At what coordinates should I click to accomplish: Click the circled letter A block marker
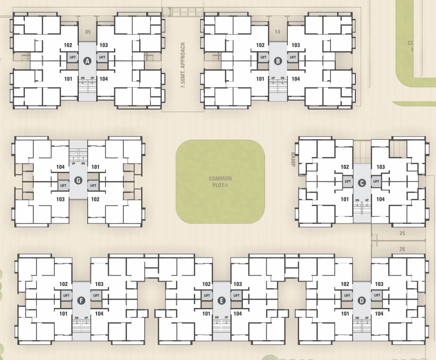point(86,60)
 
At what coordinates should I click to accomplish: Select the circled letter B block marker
point(278,60)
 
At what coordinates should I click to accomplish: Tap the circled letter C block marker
point(361,183)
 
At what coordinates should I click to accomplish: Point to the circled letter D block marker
point(361,300)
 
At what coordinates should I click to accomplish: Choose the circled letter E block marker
point(222,300)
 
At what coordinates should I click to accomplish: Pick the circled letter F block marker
point(81,300)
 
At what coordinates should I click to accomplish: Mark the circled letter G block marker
point(78,180)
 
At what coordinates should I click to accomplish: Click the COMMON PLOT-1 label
point(220,181)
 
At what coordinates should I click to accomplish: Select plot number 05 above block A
point(87,32)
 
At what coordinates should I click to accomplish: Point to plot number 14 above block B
point(278,32)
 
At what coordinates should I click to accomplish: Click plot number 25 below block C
point(402,233)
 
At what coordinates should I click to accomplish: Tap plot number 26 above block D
point(402,249)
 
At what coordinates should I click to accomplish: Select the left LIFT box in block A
point(72,57)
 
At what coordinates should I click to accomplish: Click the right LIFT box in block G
point(93,186)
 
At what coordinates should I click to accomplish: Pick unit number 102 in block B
point(260,45)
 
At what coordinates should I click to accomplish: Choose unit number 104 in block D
point(379,314)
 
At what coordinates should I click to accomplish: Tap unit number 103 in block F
point(99,284)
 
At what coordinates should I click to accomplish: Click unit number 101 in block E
point(206,314)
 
